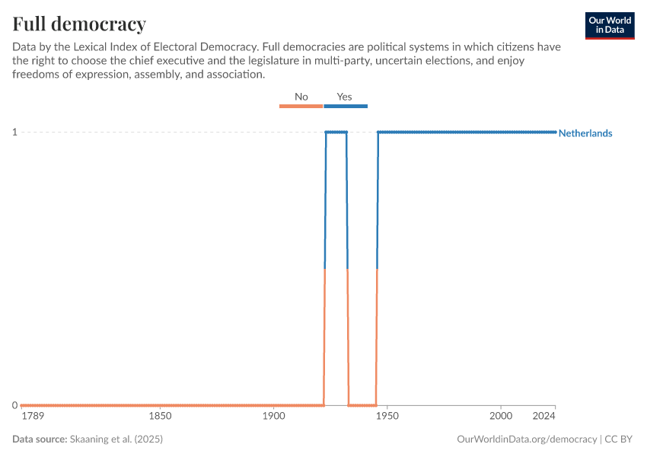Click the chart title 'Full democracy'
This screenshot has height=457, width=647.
point(79,23)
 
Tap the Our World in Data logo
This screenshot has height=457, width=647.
point(610,25)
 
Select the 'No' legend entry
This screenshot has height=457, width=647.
point(301,97)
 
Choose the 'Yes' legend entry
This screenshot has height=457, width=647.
point(345,97)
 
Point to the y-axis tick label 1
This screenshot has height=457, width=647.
point(14,133)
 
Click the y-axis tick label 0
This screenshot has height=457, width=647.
point(14,405)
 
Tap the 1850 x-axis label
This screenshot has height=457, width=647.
point(160,417)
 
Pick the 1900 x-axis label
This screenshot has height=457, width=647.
point(273,417)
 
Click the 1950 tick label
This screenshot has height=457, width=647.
point(387,417)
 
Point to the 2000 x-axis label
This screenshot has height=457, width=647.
point(501,417)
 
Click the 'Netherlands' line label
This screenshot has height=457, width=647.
point(585,133)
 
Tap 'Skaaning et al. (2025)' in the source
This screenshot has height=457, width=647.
point(116,439)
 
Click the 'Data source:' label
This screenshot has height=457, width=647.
point(40,439)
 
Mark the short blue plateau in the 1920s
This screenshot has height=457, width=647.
point(336,133)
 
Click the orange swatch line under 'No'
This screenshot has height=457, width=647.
point(301,106)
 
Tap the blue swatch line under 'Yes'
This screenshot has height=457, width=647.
point(346,106)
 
